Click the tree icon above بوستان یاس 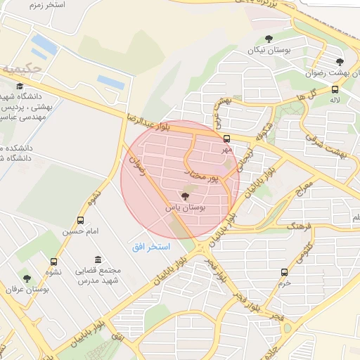[x=185, y=196]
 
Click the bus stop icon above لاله [x=335, y=89]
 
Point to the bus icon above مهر [x=226, y=139]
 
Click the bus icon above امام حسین [x=87, y=220]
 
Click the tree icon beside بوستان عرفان [x=27, y=279]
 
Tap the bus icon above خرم [x=284, y=272]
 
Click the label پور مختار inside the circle [x=202, y=176]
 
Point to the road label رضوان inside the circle [x=136, y=167]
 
